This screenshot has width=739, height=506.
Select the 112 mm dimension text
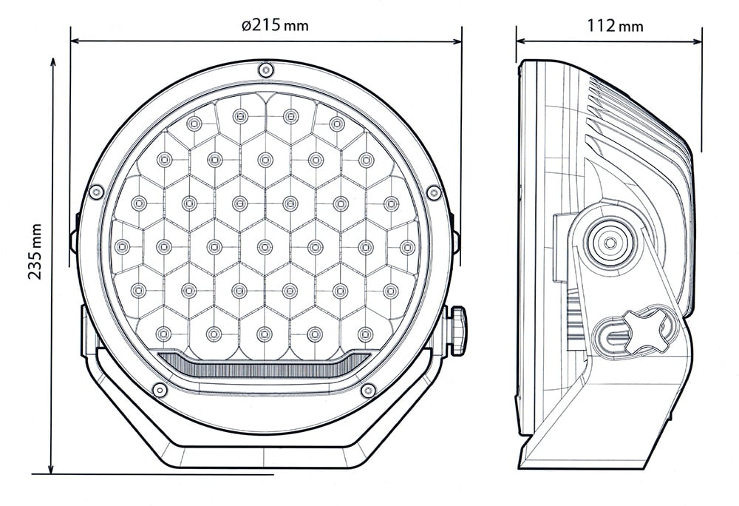coord(614,26)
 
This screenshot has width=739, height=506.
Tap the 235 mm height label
coord(34,252)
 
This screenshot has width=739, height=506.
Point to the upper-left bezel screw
coord(95,192)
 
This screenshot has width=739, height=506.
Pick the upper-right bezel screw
coord(434,192)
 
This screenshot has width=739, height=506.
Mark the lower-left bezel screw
coord(159,390)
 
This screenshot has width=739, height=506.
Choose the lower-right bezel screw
coord(367,390)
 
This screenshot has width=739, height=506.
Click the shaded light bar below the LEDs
coord(265,365)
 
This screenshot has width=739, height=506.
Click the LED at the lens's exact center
coord(265,247)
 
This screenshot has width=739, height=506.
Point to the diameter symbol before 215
coord(245,26)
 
